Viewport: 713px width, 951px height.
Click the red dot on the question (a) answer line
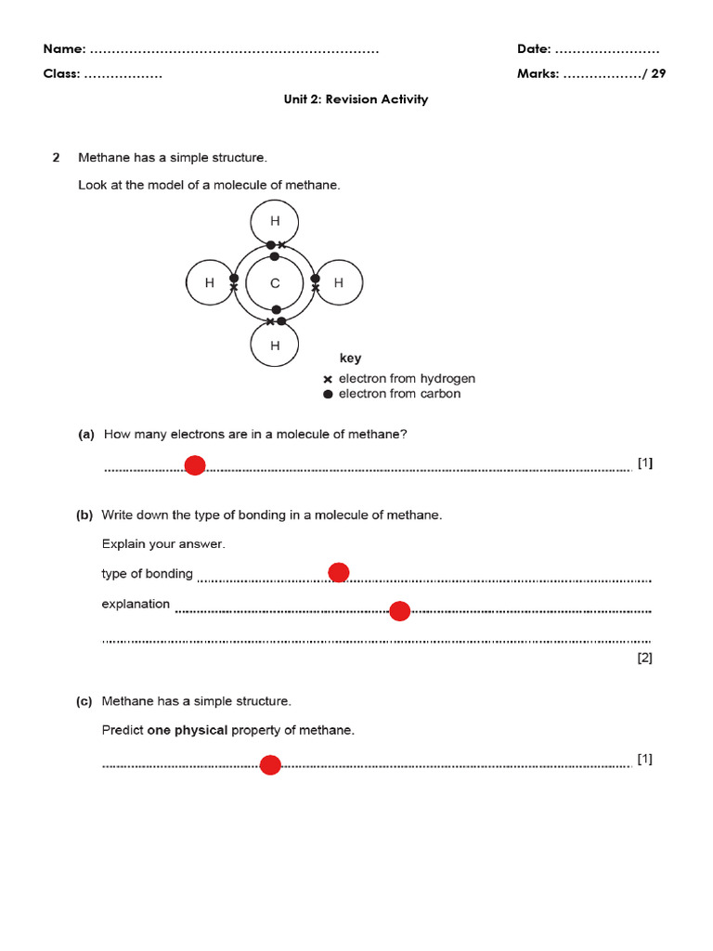(195, 465)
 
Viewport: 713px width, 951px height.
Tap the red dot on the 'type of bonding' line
(339, 572)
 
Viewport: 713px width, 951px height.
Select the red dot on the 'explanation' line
(399, 611)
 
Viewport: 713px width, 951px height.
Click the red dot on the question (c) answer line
(270, 765)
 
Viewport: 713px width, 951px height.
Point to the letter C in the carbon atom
(275, 284)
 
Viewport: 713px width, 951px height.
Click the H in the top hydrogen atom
(275, 221)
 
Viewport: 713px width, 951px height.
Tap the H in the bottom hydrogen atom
(275, 346)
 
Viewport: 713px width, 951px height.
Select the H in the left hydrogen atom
(210, 283)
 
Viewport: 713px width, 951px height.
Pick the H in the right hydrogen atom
(339, 283)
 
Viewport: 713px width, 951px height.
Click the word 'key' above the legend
(350, 358)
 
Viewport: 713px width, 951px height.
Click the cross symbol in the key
(328, 380)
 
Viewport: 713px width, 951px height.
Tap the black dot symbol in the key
(328, 394)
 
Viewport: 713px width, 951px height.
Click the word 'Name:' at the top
(65, 49)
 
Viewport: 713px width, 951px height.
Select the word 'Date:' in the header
(534, 49)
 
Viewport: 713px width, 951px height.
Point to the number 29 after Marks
(658, 74)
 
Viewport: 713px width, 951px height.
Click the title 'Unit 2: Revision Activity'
(356, 99)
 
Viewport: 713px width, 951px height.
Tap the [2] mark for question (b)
(644, 658)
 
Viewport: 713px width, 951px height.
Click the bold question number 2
(56, 158)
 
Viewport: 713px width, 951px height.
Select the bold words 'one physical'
(187, 731)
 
